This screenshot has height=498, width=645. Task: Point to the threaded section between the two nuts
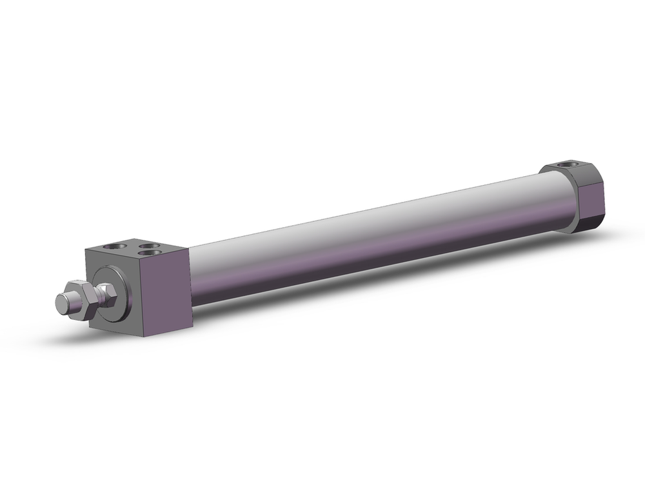94,297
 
